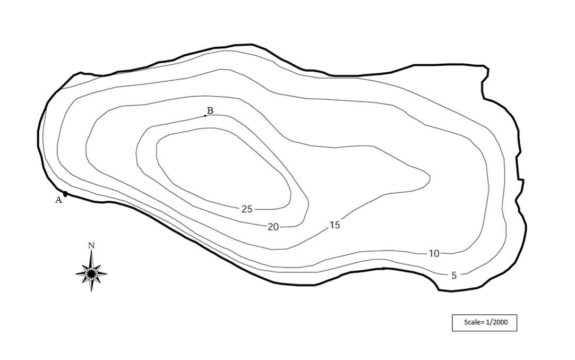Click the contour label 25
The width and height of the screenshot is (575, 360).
click(247, 209)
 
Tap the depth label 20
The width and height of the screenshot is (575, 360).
click(273, 227)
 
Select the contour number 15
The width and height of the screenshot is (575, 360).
click(334, 225)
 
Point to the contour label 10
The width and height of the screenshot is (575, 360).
click(434, 254)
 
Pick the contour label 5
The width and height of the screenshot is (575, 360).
click(454, 276)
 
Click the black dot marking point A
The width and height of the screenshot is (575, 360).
click(65, 194)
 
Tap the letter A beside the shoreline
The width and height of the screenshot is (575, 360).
click(58, 200)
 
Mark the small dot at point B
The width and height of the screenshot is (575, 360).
click(205, 115)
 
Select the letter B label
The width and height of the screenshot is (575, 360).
click(210, 110)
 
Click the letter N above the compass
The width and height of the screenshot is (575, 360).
click(91, 245)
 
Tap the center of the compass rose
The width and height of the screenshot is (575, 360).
click(91, 273)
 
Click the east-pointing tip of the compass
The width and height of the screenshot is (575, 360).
click(107, 273)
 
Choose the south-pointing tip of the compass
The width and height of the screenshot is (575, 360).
click(91, 292)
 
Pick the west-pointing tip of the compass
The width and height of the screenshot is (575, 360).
click(75, 273)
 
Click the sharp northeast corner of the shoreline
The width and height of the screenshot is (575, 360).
click(488, 67)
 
